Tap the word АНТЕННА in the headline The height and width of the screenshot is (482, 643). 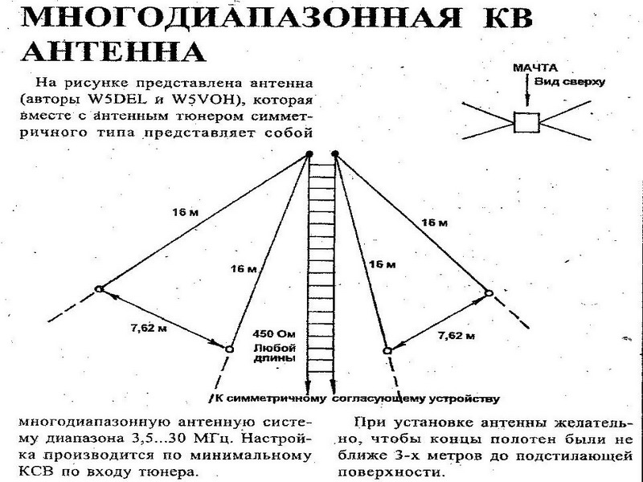109,51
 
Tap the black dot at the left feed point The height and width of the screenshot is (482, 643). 309,155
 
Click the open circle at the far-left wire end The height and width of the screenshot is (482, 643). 98,289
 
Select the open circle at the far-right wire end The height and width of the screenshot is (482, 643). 488,294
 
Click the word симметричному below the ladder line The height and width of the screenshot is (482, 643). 278,398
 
